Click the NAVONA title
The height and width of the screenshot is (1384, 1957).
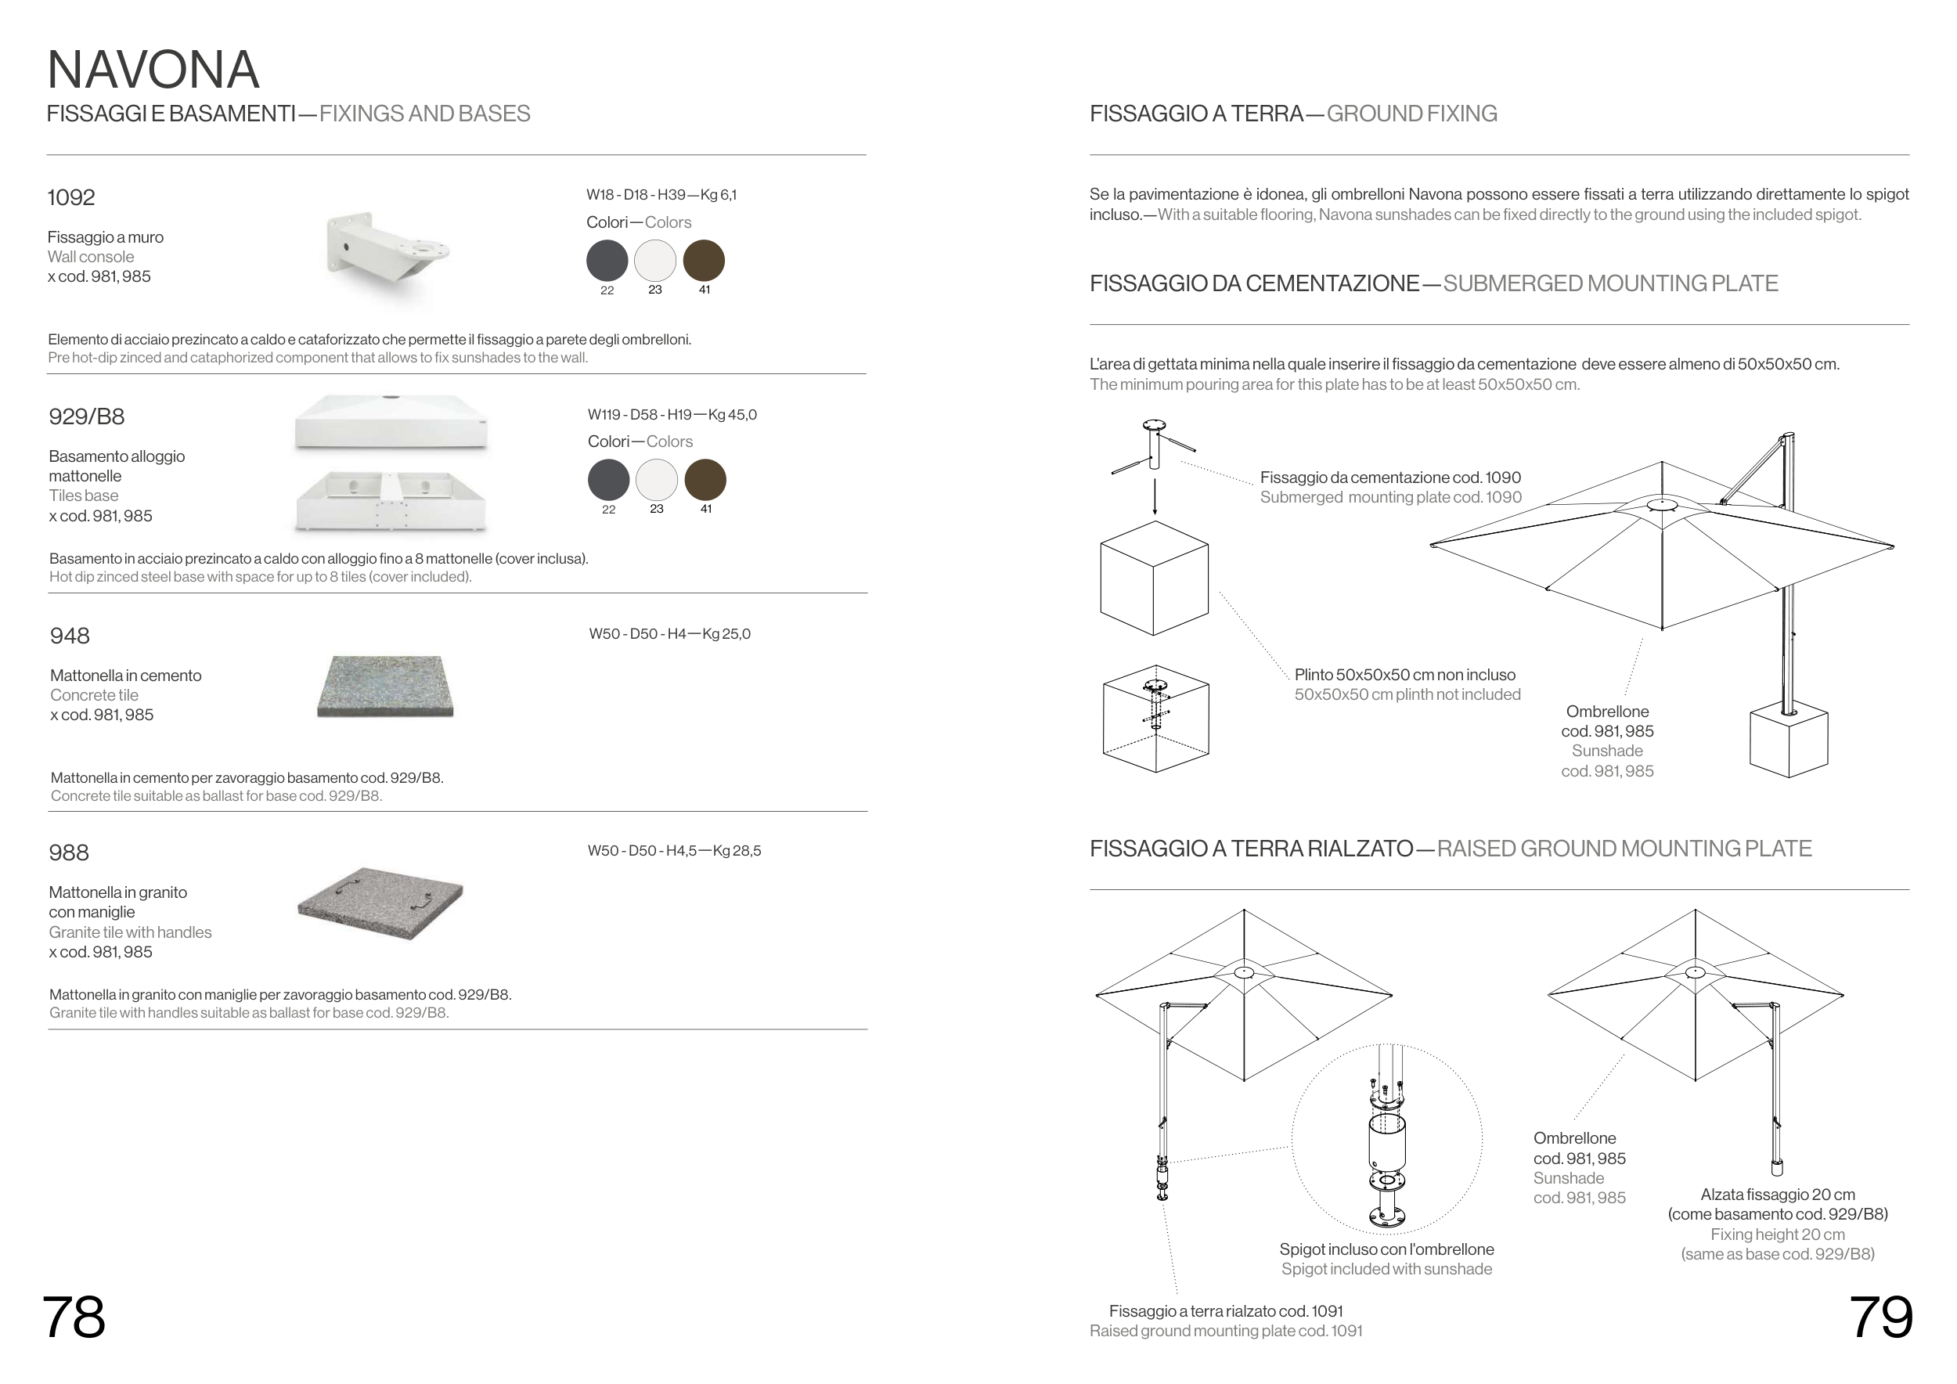(153, 70)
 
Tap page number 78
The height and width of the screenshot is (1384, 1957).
(74, 1317)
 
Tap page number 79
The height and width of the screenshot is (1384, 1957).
(1880, 1317)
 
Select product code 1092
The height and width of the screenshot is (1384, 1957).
(70, 198)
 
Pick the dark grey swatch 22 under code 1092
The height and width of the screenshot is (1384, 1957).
(607, 261)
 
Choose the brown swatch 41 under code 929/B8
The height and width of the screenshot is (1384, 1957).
(705, 479)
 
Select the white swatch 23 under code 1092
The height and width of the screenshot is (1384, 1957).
(654, 261)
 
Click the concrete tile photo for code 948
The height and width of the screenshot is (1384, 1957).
(385, 686)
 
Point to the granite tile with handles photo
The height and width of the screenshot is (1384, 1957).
(380, 903)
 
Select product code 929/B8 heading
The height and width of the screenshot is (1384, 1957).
(86, 416)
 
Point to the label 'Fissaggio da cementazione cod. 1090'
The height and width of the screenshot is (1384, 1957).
(1390, 478)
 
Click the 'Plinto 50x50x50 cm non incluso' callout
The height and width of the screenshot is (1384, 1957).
(1404, 675)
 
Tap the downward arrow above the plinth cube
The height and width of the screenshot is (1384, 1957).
(1155, 496)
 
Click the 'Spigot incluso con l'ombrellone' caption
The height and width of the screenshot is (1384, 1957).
(1386, 1249)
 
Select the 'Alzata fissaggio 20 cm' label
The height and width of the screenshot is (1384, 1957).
(1777, 1195)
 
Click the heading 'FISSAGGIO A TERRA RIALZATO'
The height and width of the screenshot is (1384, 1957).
(1251, 849)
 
